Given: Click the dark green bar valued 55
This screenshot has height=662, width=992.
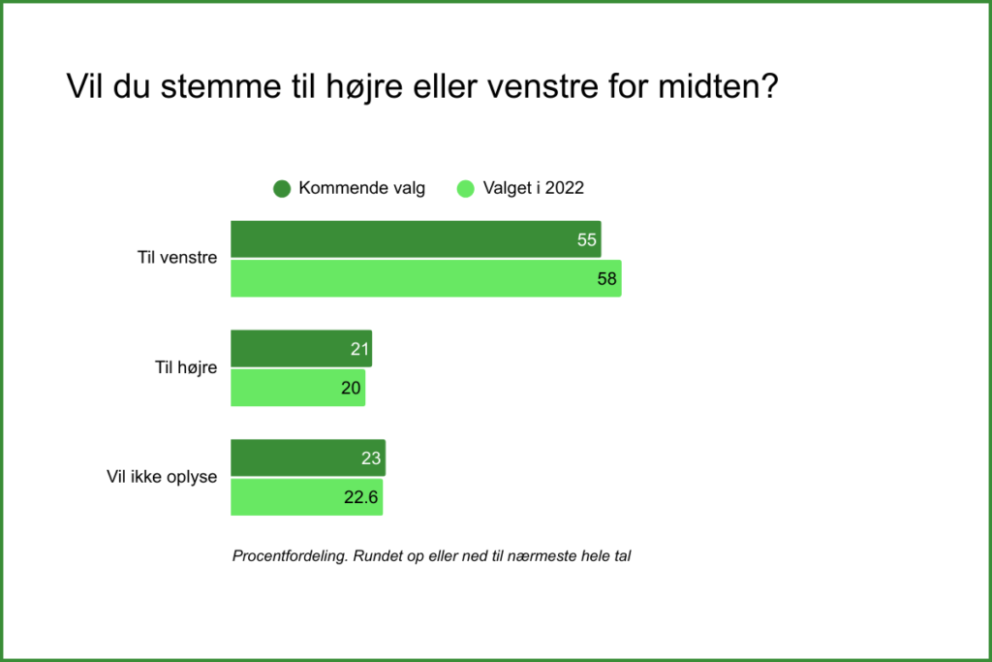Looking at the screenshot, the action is (416, 239).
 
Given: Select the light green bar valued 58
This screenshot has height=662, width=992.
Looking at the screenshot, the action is (426, 278).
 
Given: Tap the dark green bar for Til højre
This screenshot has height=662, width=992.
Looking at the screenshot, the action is (301, 349).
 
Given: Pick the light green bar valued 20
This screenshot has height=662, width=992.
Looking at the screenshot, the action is (298, 388).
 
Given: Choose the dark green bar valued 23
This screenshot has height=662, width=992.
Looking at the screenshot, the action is (308, 458).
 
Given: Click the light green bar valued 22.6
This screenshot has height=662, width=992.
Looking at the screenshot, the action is (307, 497).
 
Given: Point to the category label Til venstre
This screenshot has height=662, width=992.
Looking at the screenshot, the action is (177, 258).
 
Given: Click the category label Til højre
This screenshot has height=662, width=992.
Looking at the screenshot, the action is (186, 367).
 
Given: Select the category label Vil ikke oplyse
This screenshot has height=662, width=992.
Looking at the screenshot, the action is (162, 477).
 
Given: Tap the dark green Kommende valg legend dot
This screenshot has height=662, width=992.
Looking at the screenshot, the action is (282, 189).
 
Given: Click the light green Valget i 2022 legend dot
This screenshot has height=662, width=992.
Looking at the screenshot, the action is (466, 189).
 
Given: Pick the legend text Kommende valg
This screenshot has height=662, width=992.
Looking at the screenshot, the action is (362, 189).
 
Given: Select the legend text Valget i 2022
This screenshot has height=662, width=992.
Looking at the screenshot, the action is (534, 189).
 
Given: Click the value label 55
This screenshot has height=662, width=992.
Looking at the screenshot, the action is (586, 239).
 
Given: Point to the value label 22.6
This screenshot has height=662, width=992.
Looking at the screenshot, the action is (360, 497).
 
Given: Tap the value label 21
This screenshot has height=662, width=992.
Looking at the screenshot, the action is (359, 349).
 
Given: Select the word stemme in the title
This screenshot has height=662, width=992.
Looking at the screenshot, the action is (221, 86).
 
